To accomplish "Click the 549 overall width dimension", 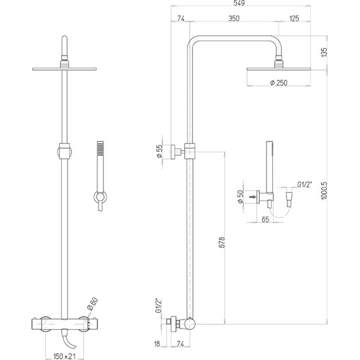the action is tap(239, 3).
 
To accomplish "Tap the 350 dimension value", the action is tap(234, 18).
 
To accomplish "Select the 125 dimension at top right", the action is tap(294, 18).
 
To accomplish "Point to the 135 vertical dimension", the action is tap(324, 52).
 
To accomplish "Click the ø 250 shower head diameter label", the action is tap(279, 83).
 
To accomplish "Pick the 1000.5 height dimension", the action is tap(324, 191).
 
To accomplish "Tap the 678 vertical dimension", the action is tap(222, 243).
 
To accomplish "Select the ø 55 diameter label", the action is tap(159, 151).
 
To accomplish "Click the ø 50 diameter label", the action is tap(240, 196).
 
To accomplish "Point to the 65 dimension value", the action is tap(265, 220).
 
